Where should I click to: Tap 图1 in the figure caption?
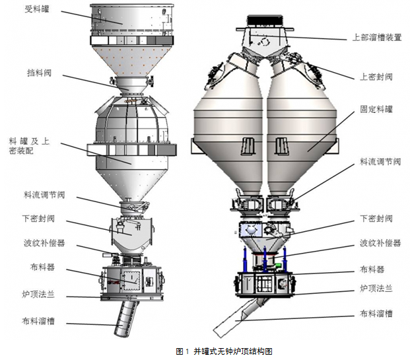tap(183, 351)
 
